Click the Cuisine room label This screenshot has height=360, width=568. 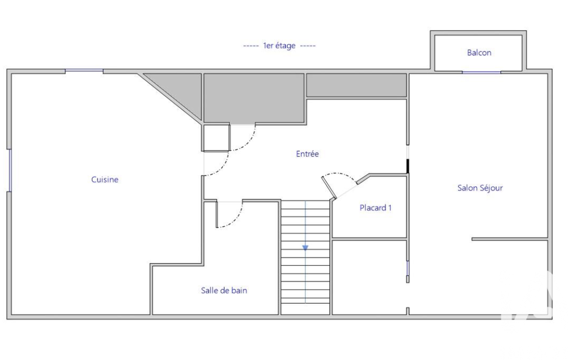[105, 179]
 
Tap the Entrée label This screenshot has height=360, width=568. [307, 154]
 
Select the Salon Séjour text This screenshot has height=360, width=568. [480, 188]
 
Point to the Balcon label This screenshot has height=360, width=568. [479, 53]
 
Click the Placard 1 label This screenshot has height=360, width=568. [375, 208]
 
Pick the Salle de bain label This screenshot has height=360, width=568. [224, 290]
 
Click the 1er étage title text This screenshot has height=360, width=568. [279, 45]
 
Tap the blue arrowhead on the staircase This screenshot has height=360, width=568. [305, 248]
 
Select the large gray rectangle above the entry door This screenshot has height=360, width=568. [254, 98]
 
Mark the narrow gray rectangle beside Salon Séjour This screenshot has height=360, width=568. [356, 85]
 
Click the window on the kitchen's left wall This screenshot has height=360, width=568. [10, 170]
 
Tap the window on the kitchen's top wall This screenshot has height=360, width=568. [84, 71]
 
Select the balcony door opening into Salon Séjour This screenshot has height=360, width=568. [482, 73]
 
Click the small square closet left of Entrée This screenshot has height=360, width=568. [216, 137]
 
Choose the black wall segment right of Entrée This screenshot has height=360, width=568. [407, 167]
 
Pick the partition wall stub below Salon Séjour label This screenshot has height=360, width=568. [510, 239]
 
